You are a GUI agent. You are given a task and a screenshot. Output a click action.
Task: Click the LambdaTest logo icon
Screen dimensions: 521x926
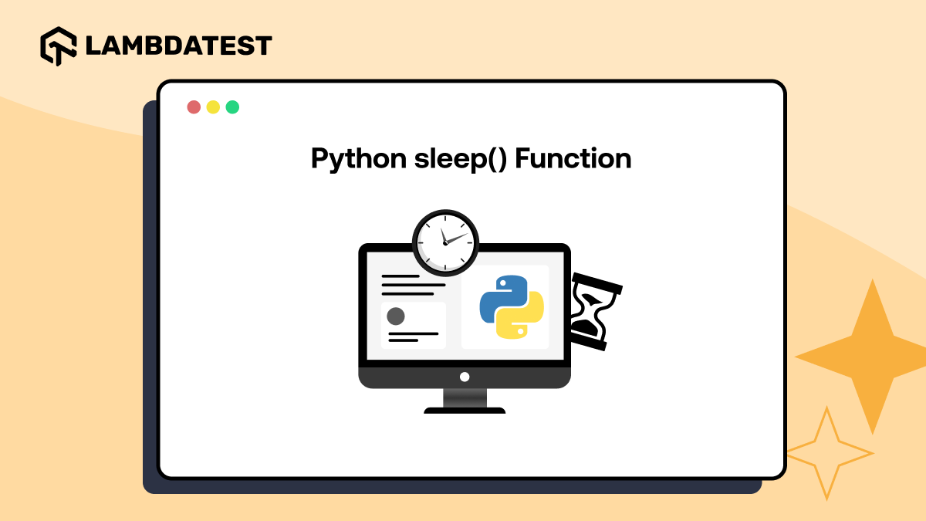click(x=59, y=46)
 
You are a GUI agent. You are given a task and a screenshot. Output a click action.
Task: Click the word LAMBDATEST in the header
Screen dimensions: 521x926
click(x=178, y=46)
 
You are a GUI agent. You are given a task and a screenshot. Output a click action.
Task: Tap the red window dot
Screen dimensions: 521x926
click(x=194, y=107)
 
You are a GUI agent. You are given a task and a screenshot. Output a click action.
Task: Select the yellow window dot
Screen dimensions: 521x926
click(x=213, y=107)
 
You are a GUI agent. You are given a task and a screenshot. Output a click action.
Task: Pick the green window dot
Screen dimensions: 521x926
click(x=232, y=107)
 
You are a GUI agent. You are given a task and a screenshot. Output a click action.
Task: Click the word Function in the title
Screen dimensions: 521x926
click(x=573, y=159)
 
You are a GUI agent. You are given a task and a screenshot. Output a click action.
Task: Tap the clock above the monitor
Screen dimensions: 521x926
click(x=445, y=242)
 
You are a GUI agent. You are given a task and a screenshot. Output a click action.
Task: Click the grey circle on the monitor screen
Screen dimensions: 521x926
click(x=396, y=316)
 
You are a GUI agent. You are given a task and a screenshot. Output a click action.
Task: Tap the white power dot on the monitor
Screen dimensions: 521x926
click(x=465, y=377)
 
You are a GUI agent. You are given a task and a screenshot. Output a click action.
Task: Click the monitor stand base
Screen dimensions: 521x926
click(x=465, y=410)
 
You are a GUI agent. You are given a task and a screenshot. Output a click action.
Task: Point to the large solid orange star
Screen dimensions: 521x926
click(x=871, y=356)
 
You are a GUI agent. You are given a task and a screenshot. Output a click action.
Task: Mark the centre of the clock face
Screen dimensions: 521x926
click(x=445, y=242)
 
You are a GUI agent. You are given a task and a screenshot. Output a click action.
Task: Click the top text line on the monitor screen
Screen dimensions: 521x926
click(x=400, y=276)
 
